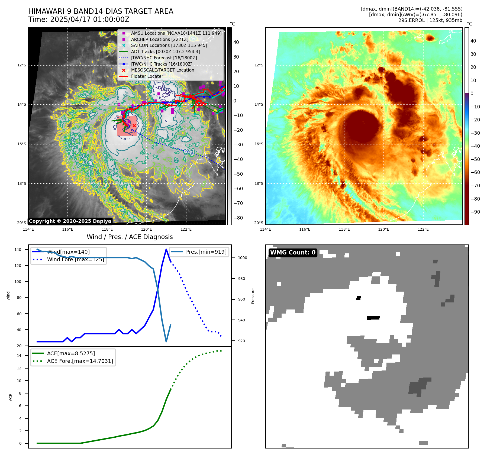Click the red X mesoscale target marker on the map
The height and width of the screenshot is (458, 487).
(134, 125)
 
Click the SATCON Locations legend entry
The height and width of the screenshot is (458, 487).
(169, 46)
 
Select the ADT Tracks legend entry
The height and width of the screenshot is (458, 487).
(165, 51)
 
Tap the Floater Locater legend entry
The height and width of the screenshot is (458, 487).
(147, 76)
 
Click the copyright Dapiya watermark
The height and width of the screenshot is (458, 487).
(70, 221)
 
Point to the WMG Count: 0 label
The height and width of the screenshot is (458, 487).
(293, 253)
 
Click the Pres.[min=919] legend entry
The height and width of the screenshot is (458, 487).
(206, 252)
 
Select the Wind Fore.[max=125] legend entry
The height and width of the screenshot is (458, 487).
(75, 259)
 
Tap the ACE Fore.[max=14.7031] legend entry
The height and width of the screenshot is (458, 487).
(80, 361)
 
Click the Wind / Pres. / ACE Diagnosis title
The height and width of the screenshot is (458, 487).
(130, 237)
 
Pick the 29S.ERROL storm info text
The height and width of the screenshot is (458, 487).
(430, 20)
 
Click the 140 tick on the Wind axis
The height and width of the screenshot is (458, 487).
(18, 250)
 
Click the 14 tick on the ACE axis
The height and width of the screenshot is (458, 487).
(19, 356)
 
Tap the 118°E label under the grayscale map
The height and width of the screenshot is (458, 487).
(107, 229)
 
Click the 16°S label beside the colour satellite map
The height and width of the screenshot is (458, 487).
(259, 144)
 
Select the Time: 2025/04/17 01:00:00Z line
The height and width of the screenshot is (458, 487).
(79, 20)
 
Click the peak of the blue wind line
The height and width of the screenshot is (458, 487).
(166, 249)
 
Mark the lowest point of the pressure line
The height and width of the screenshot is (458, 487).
(166, 341)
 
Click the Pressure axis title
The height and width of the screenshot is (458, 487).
(253, 296)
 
